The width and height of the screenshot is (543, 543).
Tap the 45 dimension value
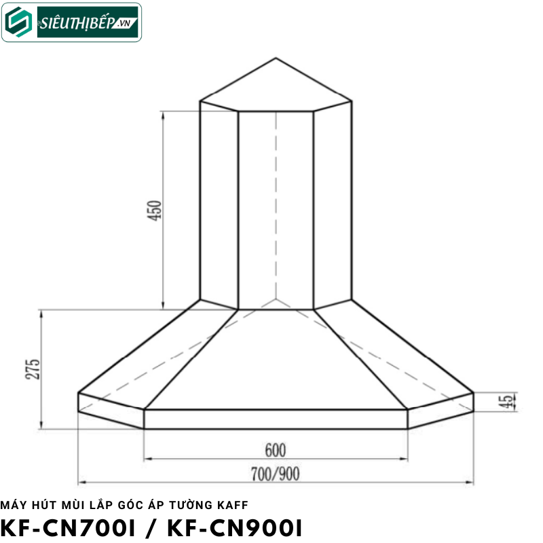(x=504, y=402)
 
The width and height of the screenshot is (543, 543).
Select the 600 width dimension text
(x=276, y=450)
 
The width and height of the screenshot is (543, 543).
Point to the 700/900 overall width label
(x=276, y=473)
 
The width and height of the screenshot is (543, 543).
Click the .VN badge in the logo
(x=124, y=23)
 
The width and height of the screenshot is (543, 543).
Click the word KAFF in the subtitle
(x=233, y=504)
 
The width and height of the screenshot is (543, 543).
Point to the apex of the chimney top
(x=276, y=58)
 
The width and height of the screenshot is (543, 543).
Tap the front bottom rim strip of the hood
(x=276, y=419)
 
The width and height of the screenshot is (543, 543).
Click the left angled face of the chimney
(x=219, y=204)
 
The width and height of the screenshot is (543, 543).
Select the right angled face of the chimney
(x=333, y=204)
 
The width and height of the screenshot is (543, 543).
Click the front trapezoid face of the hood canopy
(x=276, y=360)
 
